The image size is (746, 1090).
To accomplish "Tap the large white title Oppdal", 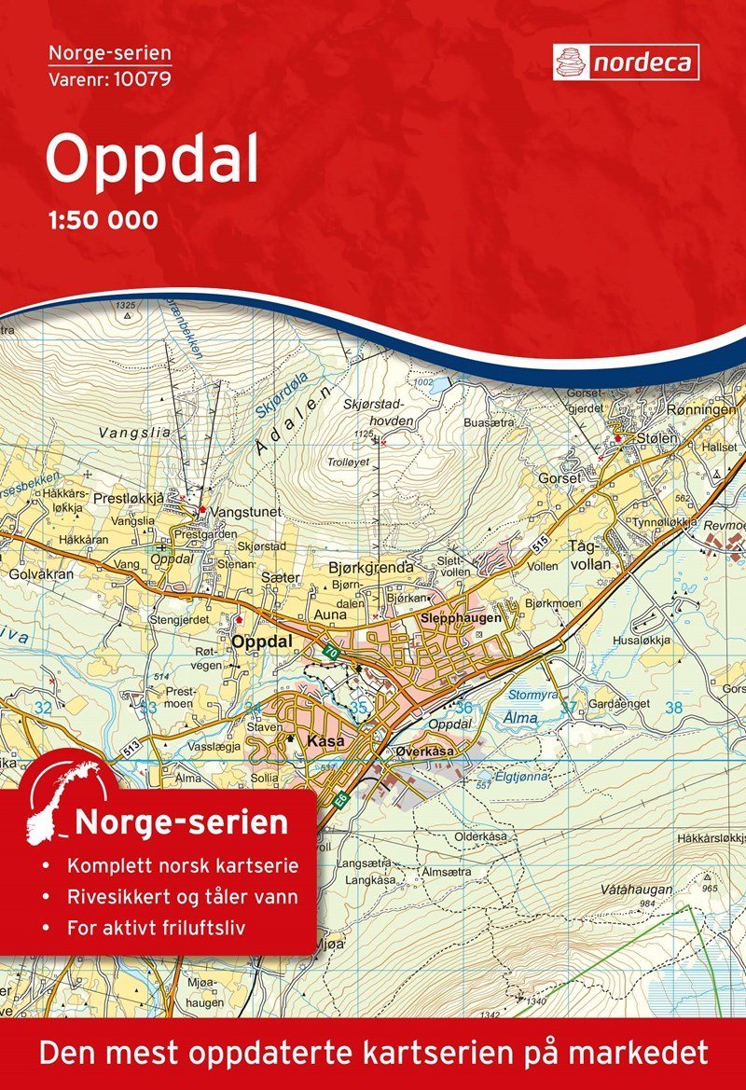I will coord(151,160).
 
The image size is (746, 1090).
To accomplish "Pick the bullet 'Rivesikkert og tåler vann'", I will coord(182,898).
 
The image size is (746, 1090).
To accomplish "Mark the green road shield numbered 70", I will coord(329,654).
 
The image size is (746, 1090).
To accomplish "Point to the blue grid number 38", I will coord(673,708).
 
